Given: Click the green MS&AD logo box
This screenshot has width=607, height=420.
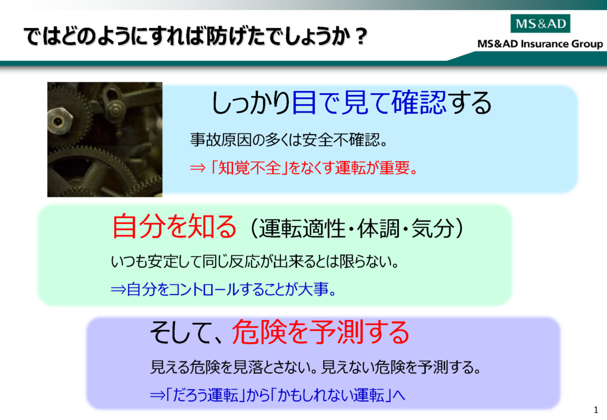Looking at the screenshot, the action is tap(541, 24).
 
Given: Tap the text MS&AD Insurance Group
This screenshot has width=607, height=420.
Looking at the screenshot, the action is tap(540, 44).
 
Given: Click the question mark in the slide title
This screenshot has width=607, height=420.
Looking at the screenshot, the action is tap(361, 36).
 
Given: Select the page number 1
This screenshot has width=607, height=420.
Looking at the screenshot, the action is tap(596, 410).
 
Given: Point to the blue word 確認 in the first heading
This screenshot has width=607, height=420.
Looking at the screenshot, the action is tap(418, 102).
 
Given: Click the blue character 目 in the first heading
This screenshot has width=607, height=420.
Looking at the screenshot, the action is tap(304, 102).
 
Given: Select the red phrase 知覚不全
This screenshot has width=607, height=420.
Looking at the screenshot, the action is tap(250, 168).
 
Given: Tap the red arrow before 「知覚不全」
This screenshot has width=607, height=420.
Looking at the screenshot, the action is tap(197, 168).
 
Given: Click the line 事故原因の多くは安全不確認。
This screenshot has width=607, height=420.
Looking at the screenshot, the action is tap(289, 140).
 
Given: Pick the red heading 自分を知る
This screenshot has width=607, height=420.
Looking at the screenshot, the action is tap(174, 226).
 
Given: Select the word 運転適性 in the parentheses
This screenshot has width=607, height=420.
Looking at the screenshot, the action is tap(302, 228).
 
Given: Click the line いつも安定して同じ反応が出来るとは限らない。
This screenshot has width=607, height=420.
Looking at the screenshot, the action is tap(255, 262).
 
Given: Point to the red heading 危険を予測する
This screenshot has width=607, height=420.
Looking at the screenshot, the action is tap(321, 332).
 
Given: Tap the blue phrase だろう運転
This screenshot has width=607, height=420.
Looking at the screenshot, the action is tap(205, 395).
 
